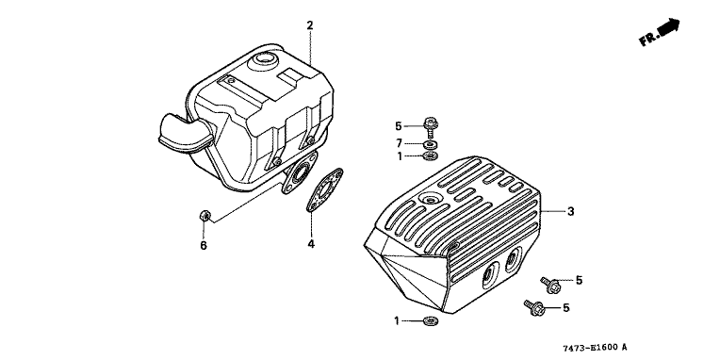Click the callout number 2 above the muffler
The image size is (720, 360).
point(310,25)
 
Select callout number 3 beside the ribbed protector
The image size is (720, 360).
point(571,212)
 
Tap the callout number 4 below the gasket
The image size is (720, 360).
point(311,244)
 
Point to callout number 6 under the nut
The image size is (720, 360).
point(204,246)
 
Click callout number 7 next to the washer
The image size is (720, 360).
point(399,144)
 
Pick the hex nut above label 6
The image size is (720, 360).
point(205,216)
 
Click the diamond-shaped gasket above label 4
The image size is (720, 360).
point(325,189)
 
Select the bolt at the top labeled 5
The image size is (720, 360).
point(431,126)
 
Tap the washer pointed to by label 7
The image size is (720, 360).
point(431,144)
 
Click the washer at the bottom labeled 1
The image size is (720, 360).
point(431,320)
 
